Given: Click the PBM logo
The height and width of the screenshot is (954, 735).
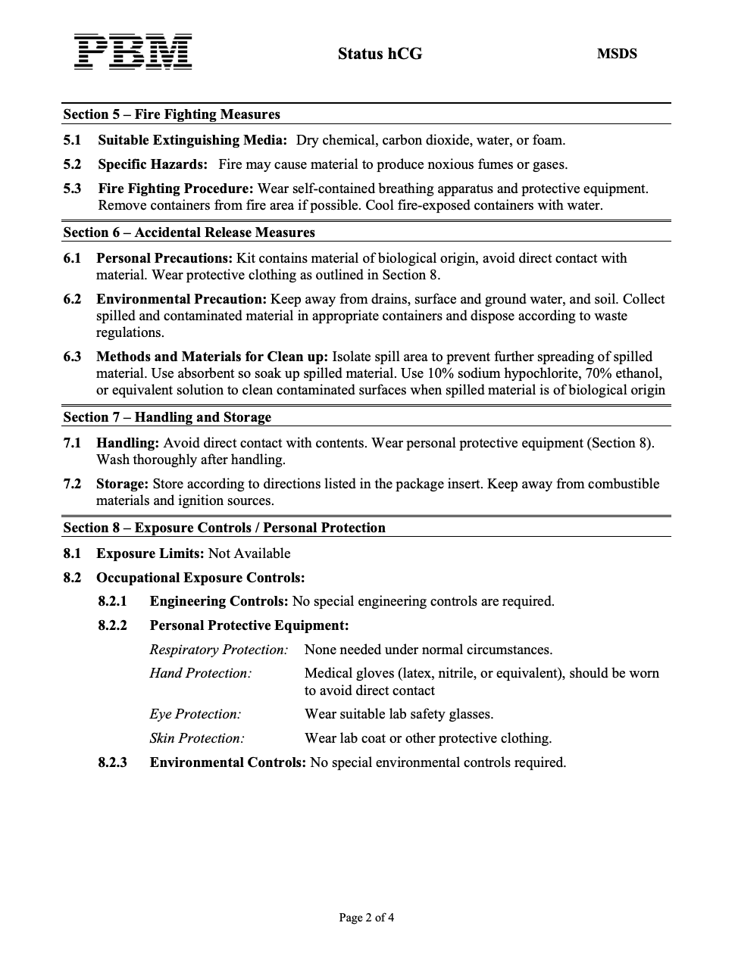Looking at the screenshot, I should tap(133, 52).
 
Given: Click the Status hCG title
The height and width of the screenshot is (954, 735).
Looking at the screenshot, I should tap(380, 54).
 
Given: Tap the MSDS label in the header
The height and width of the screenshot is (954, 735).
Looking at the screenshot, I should tap(617, 54).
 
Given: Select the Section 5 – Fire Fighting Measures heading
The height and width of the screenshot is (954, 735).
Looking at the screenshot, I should tap(171, 114).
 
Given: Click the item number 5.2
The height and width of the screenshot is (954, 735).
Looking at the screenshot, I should tap(72, 164).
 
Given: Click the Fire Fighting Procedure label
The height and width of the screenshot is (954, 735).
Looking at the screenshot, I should tap(175, 189).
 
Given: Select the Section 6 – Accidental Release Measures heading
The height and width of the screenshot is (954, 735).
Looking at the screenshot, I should tap(189, 232).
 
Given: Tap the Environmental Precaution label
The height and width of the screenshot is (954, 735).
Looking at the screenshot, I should tap(182, 299).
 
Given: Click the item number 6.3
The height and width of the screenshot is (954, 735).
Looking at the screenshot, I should tap(72, 357).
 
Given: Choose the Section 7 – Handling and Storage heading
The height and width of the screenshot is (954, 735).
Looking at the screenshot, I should tap(167, 417).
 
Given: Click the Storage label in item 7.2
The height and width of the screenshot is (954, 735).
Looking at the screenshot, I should tap(122, 484).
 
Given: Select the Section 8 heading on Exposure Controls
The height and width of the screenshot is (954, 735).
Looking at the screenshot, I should tap(224, 528).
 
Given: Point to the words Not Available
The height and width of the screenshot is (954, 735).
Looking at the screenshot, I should tap(249, 553).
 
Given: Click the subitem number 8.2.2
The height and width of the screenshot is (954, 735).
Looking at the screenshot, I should tap(112, 625).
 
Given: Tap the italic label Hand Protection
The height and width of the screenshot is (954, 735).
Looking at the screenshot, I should tap(200, 673).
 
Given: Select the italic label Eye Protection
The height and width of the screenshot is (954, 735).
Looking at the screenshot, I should tap(195, 714).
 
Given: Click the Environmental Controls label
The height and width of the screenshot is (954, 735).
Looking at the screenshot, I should tap(227, 762).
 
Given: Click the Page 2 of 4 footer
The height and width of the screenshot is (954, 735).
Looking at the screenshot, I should tap(367, 918).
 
